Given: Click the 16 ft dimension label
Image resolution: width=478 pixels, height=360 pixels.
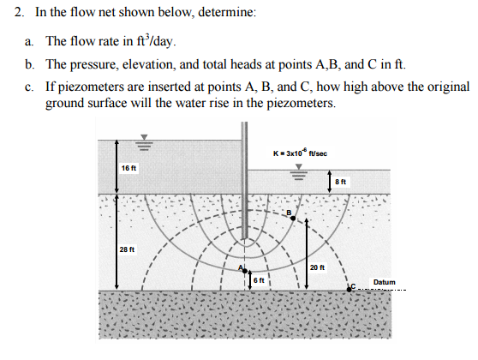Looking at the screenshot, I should click(x=129, y=166).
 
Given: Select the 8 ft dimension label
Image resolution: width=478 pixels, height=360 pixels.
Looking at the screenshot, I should click(x=341, y=182).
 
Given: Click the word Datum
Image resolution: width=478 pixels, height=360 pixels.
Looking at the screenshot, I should click(x=383, y=280).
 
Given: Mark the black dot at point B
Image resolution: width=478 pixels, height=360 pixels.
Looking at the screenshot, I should click(x=294, y=219).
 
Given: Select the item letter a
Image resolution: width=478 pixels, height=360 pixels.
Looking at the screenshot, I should click(x=28, y=41).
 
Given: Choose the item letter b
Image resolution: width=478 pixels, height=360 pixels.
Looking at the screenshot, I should click(x=29, y=64).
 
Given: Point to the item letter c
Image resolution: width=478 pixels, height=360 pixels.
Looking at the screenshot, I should click(x=28, y=87).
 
